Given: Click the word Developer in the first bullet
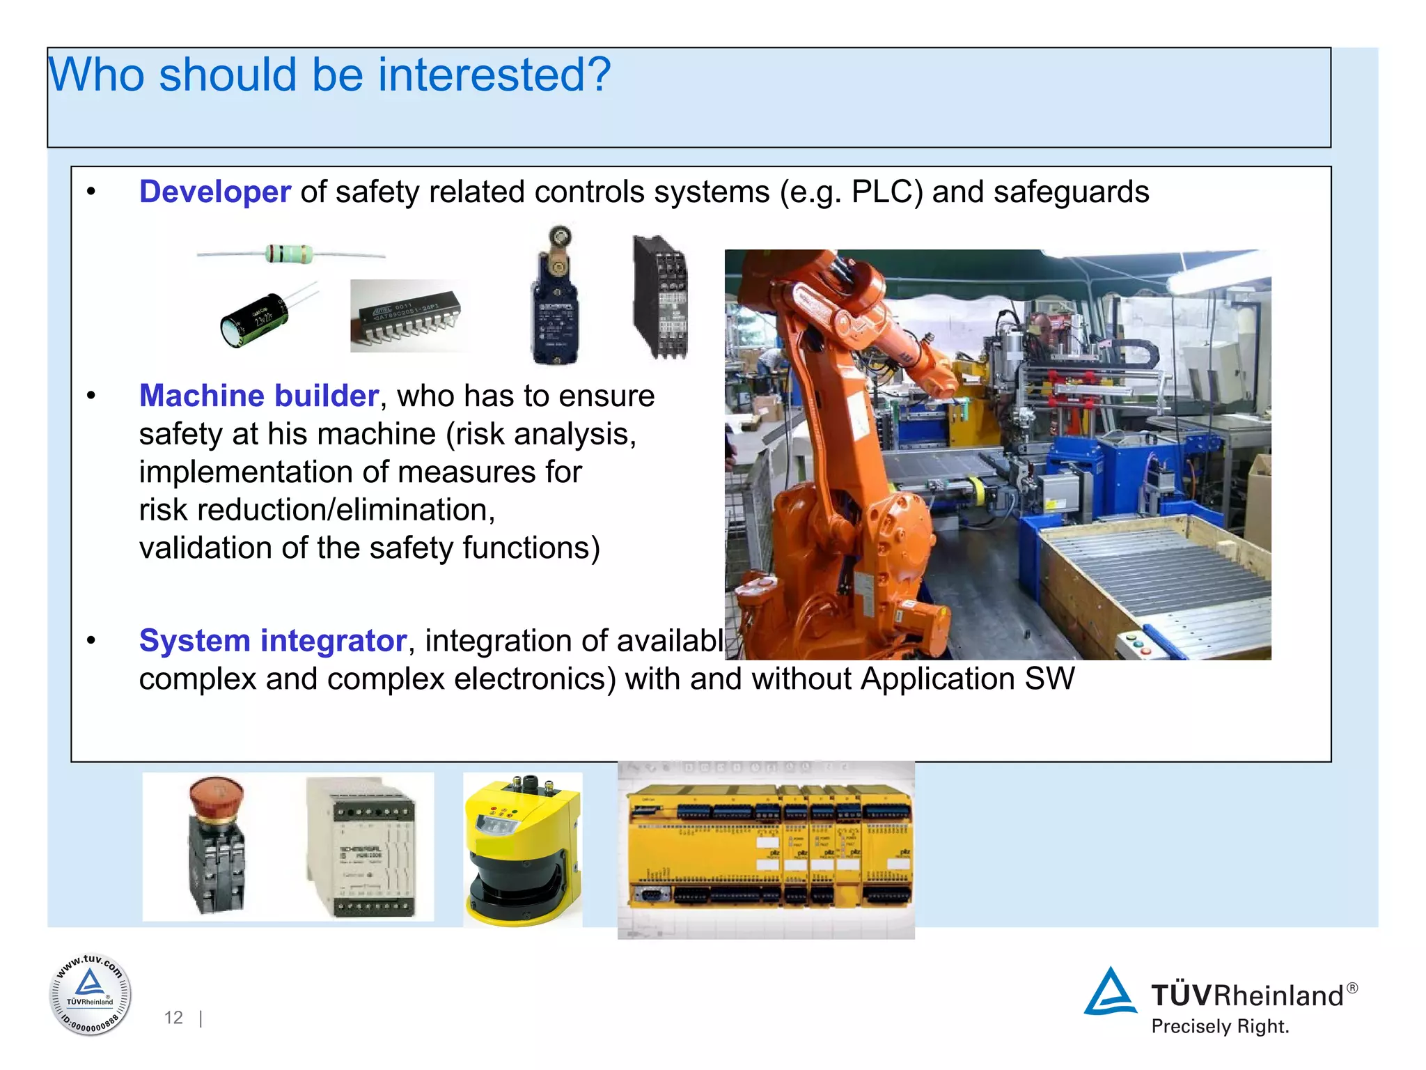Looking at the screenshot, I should coord(214,192).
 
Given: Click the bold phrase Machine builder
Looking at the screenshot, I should coord(258,396).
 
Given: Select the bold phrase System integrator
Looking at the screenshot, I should coord(272,640).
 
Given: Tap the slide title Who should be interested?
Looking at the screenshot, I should coord(329,75).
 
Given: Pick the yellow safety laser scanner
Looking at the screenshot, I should coord(522,850).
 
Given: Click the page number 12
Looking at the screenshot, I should coord(173,1018).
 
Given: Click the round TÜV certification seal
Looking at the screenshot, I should coord(90,994).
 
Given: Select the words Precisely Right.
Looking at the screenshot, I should coord(1220,1027).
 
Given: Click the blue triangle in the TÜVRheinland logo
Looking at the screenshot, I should coord(1110,992).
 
